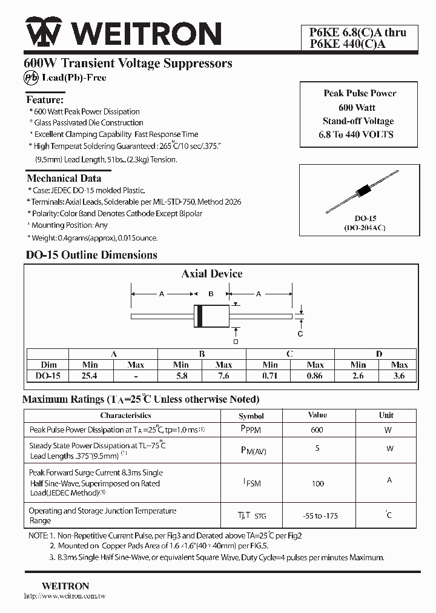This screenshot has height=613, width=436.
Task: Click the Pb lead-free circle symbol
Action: coord(31,78)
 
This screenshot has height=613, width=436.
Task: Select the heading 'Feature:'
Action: coord(45,99)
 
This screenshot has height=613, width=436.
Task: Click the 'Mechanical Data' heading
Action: coord(64,178)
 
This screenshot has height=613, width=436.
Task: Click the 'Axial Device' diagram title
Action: coord(212,274)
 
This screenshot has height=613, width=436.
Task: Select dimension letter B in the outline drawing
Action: coord(210,294)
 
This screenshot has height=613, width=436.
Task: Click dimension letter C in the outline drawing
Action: coord(300,334)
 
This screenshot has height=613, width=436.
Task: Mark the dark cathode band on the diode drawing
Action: coord(197,316)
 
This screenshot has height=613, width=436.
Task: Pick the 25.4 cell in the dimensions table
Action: coord(90,376)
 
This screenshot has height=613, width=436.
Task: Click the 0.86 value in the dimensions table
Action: coord(315,376)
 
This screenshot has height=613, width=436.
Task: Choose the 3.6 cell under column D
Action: coord(399,376)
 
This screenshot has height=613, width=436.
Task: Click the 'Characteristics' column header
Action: coord(125,416)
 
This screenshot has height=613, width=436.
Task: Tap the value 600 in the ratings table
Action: coord(317,430)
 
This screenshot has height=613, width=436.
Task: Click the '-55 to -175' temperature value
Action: coord(320,515)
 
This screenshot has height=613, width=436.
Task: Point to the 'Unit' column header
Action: coord(386,416)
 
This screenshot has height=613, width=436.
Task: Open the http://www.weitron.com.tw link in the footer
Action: coord(65,597)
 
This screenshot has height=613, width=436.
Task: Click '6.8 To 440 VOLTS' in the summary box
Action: coord(360,134)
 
